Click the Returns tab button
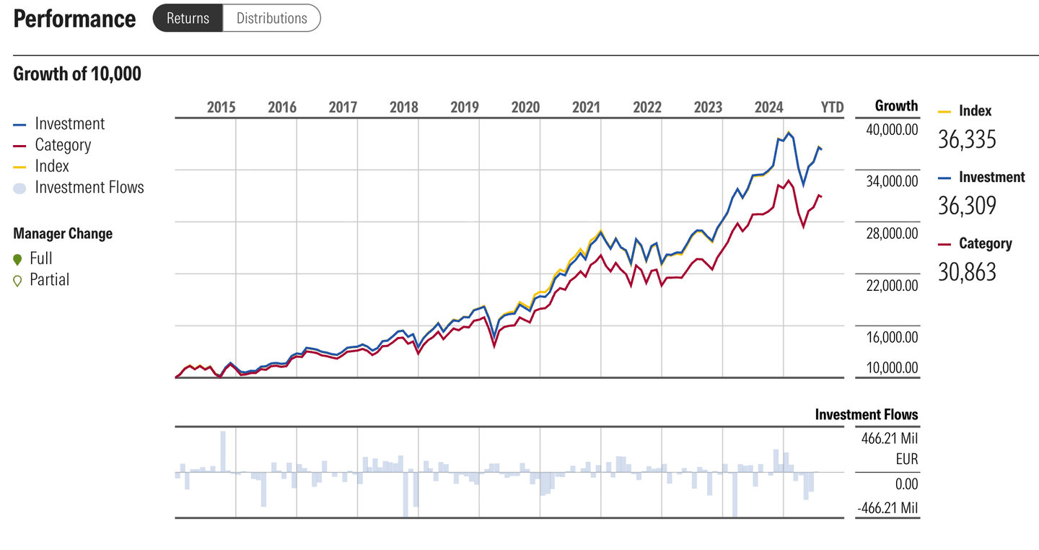click(x=188, y=18)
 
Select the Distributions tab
click(x=272, y=18)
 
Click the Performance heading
click(x=74, y=19)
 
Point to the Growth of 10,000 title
click(x=77, y=74)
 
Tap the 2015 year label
click(x=221, y=108)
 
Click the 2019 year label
click(x=465, y=108)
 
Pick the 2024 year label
click(x=768, y=108)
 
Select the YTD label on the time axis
click(x=832, y=108)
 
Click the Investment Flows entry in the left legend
click(x=89, y=188)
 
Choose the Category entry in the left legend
click(x=63, y=145)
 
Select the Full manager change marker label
click(x=41, y=258)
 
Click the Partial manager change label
click(x=49, y=280)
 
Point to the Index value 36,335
click(x=967, y=139)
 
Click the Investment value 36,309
click(x=967, y=206)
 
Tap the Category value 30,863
click(x=967, y=272)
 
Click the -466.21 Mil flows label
click(x=887, y=508)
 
